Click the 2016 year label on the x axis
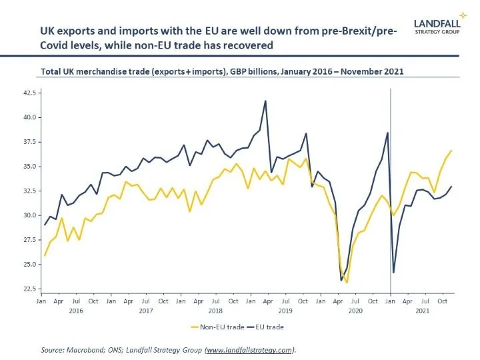[x=75, y=310]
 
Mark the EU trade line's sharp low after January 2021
[x=394, y=272]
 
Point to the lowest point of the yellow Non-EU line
[x=347, y=282]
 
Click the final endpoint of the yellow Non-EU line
[x=451, y=151]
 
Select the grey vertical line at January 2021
[x=390, y=200]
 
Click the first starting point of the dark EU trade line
[x=45, y=225]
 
